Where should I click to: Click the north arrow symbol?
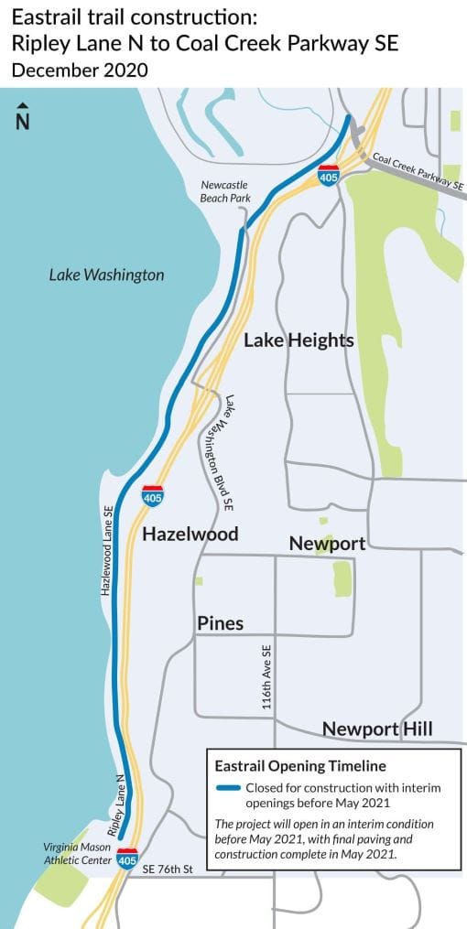[23, 117]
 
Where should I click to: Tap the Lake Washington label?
[106, 275]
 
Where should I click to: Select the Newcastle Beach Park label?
[224, 190]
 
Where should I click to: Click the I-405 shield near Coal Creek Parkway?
[329, 174]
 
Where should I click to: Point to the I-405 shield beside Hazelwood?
[153, 495]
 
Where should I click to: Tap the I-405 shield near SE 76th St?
[127, 859]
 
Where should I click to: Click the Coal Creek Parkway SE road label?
[418, 171]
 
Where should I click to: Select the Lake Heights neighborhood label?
[299, 340]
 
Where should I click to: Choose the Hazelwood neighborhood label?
[190, 534]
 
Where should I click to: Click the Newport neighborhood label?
[327, 544]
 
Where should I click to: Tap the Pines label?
[220, 623]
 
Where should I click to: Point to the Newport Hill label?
[377, 729]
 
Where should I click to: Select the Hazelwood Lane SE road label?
[107, 551]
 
